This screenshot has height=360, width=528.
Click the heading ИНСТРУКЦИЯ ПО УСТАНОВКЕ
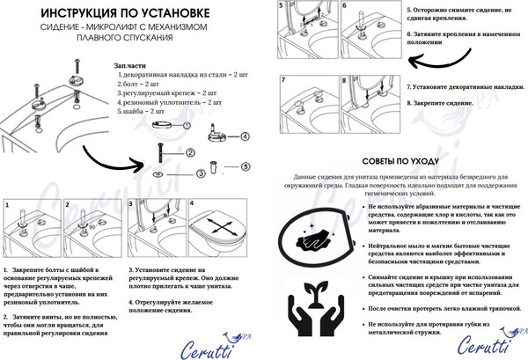pos(129,14)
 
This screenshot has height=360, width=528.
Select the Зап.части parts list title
pos(131,66)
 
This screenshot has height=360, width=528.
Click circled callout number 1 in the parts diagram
pos(187,125)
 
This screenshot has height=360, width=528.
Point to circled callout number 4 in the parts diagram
pos(245,136)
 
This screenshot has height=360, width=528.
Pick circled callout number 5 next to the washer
pos(246,165)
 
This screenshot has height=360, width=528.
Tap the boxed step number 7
pos(284,80)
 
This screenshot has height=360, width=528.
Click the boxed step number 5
pos(283,5)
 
